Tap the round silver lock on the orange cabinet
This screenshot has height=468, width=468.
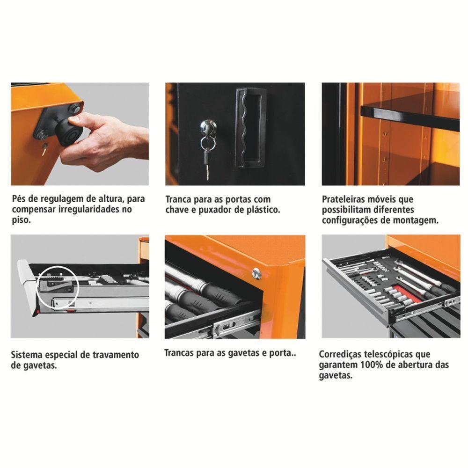coord(256,273)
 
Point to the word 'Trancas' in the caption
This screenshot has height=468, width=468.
coord(180,352)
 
